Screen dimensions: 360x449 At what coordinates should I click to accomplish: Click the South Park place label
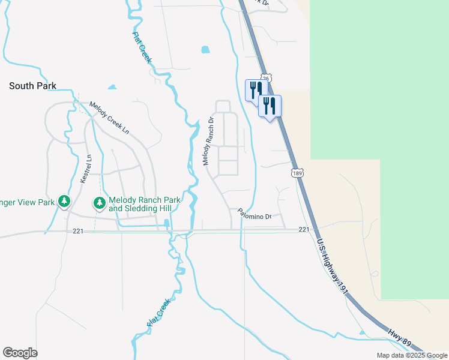point(32,86)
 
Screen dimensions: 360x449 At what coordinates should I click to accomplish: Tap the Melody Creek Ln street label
point(109,117)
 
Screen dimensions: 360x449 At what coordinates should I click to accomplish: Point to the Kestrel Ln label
point(86,169)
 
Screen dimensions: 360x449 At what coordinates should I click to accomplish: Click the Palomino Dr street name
point(255,213)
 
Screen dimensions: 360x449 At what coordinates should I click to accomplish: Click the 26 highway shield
point(267,78)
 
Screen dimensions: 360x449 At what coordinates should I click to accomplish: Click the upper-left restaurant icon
point(255,90)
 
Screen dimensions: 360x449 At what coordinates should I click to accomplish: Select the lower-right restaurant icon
point(270,106)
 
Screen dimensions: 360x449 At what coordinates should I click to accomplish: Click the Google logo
point(20,353)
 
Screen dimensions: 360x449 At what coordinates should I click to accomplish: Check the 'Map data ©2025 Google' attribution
point(411,355)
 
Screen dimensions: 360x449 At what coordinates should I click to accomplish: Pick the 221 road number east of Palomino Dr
point(304,230)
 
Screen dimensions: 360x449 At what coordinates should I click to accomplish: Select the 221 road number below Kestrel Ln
point(77,231)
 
